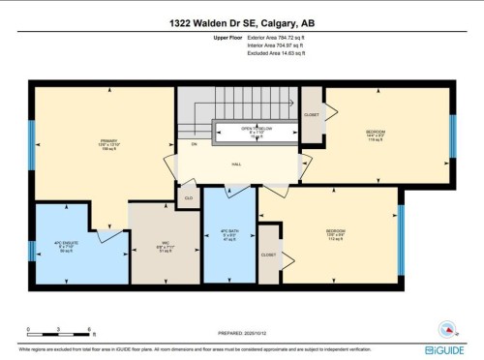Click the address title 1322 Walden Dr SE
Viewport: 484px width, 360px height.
click(242, 22)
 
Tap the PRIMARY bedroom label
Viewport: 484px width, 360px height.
click(108, 145)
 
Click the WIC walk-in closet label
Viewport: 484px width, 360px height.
click(166, 246)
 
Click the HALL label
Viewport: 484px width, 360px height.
click(236, 164)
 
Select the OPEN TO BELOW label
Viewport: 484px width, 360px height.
click(257, 132)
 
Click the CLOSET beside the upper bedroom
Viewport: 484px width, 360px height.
click(311, 113)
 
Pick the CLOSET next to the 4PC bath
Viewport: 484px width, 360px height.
click(268, 255)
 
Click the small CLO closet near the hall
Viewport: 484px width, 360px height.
click(189, 197)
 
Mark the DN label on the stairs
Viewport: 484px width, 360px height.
click(194, 144)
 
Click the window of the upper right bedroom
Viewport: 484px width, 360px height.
click(451, 135)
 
